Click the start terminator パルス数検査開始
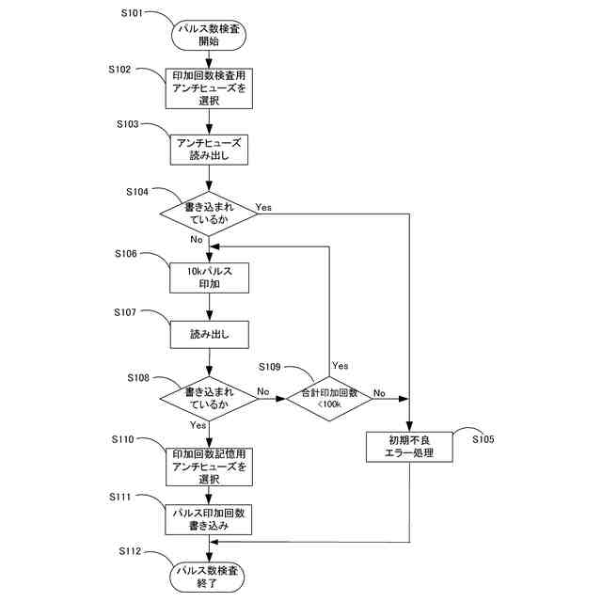pyautogui.click(x=208, y=35)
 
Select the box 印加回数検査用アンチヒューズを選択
pyautogui.click(x=208, y=88)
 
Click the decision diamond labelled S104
pyautogui.click(x=208, y=214)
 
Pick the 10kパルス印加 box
pyautogui.click(x=208, y=277)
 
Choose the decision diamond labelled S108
pyautogui.click(x=208, y=398)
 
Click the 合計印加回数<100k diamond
pyautogui.click(x=329, y=398)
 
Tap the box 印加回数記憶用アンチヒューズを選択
pyautogui.click(x=208, y=466)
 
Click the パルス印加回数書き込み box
pyautogui.click(x=208, y=520)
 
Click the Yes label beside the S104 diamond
pyautogui.click(x=263, y=205)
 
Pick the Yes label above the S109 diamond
pyautogui.click(x=340, y=365)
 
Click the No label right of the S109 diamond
pyautogui.click(x=379, y=392)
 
